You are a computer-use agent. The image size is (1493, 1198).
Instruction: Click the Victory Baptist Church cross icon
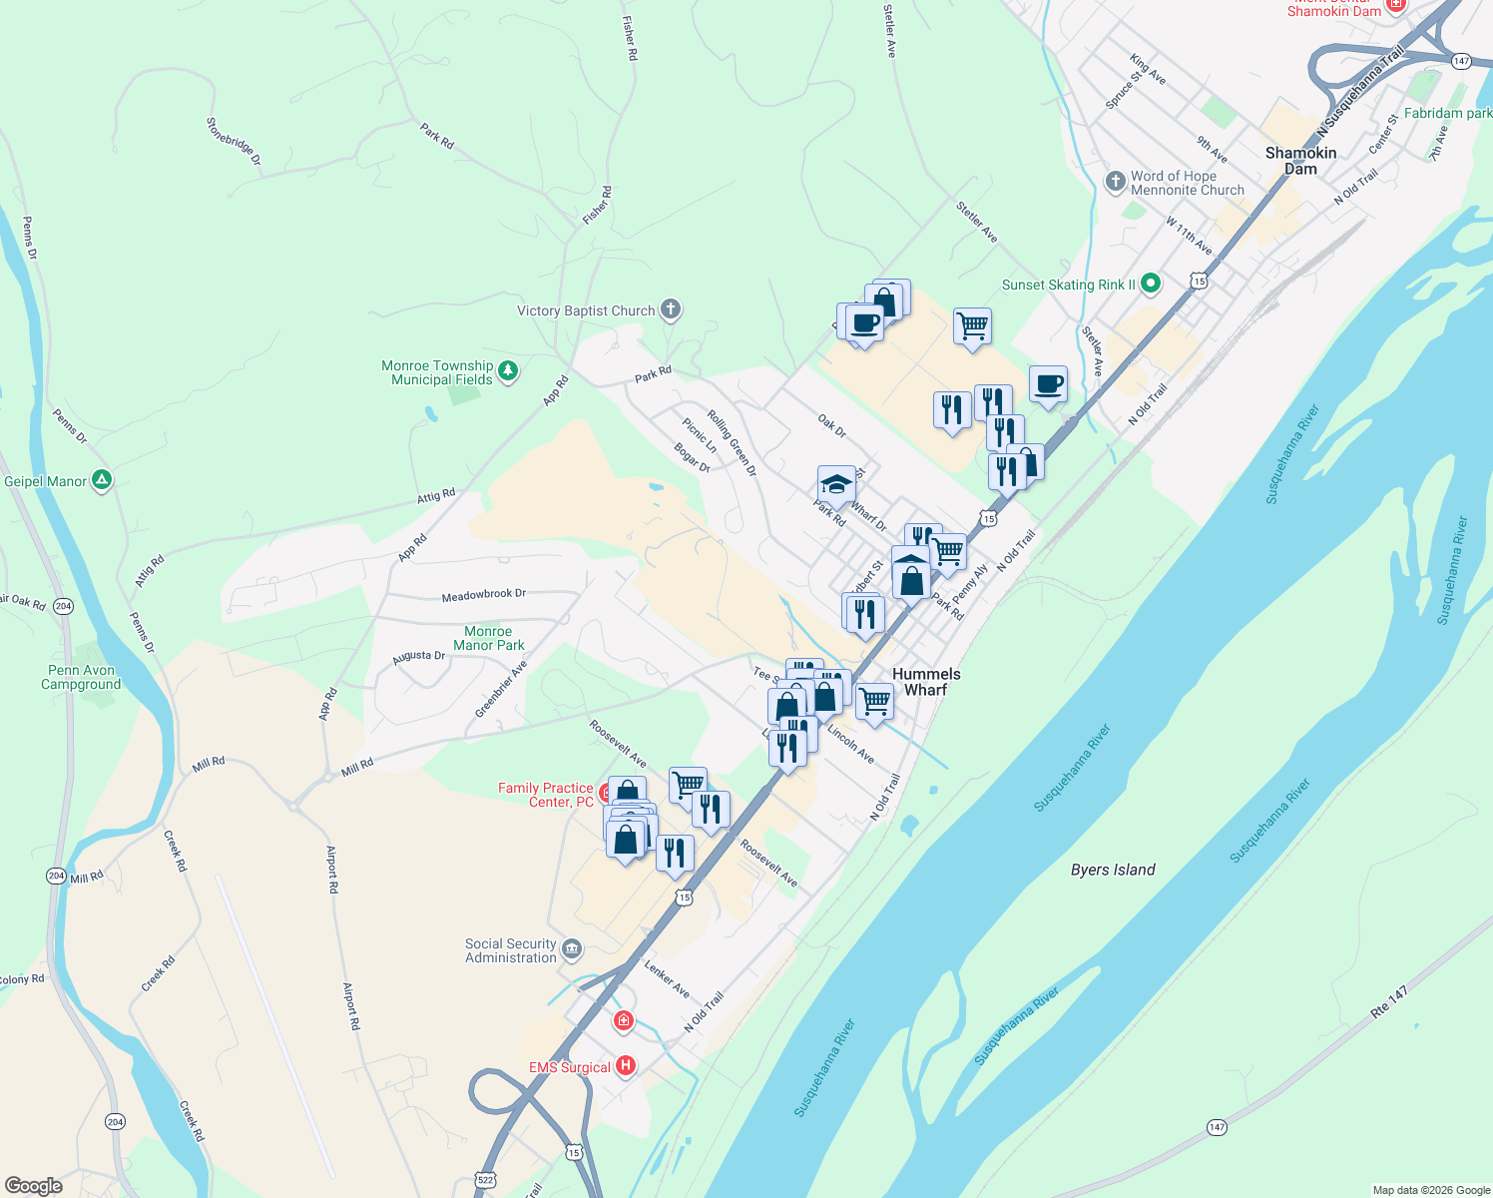(x=671, y=309)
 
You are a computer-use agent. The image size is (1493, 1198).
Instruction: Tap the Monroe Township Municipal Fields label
(x=437, y=372)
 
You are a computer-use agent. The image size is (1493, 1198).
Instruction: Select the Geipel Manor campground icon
(x=102, y=480)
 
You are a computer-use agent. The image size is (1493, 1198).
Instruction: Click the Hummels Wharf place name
(x=926, y=682)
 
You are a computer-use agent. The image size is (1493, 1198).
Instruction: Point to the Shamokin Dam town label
(x=1300, y=161)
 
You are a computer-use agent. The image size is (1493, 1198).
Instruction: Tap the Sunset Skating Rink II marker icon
(x=1150, y=285)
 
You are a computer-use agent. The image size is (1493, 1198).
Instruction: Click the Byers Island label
(x=1113, y=870)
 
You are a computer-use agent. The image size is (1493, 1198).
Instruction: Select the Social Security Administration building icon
(x=572, y=948)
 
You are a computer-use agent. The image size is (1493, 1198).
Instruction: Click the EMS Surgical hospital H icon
(x=626, y=1066)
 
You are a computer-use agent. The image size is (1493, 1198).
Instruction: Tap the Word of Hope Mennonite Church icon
(x=1116, y=181)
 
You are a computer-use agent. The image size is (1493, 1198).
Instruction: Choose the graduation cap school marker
(x=836, y=484)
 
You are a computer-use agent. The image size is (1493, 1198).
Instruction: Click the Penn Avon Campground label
(x=81, y=677)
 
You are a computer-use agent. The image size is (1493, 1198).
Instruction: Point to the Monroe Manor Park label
(x=488, y=638)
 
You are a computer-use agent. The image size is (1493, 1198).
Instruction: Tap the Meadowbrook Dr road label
(x=484, y=595)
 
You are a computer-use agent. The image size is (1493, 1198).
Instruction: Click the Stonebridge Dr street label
(x=234, y=141)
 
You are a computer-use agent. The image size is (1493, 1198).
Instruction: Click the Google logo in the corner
(x=33, y=1185)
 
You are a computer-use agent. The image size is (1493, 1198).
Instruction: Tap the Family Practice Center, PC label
(x=546, y=795)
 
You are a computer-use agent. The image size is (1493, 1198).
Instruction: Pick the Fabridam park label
(x=1447, y=113)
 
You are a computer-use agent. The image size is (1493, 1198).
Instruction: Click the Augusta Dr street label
(x=418, y=656)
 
